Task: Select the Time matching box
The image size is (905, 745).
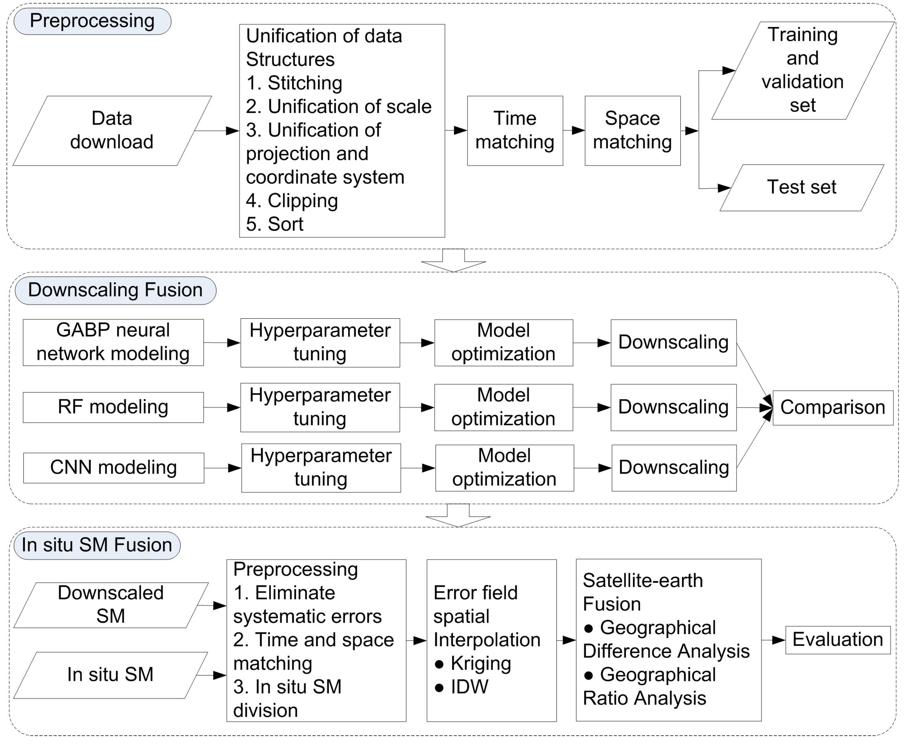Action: click(x=515, y=130)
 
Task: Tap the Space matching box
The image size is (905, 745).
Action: click(x=632, y=130)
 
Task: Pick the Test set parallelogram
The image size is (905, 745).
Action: click(x=801, y=188)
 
